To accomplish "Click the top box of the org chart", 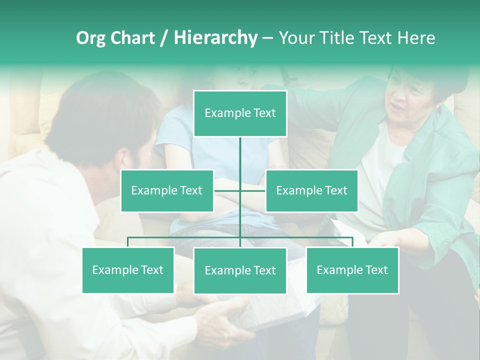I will point(240,113).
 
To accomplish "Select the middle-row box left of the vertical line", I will point(167,190).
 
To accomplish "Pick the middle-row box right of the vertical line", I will point(311,190).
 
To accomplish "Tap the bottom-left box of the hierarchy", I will point(128,270).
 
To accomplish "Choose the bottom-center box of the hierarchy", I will point(240,270).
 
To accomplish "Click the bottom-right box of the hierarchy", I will point(352,270).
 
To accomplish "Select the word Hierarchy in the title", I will point(215,38).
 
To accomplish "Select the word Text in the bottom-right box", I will point(376,270).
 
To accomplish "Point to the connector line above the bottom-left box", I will point(128,242).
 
